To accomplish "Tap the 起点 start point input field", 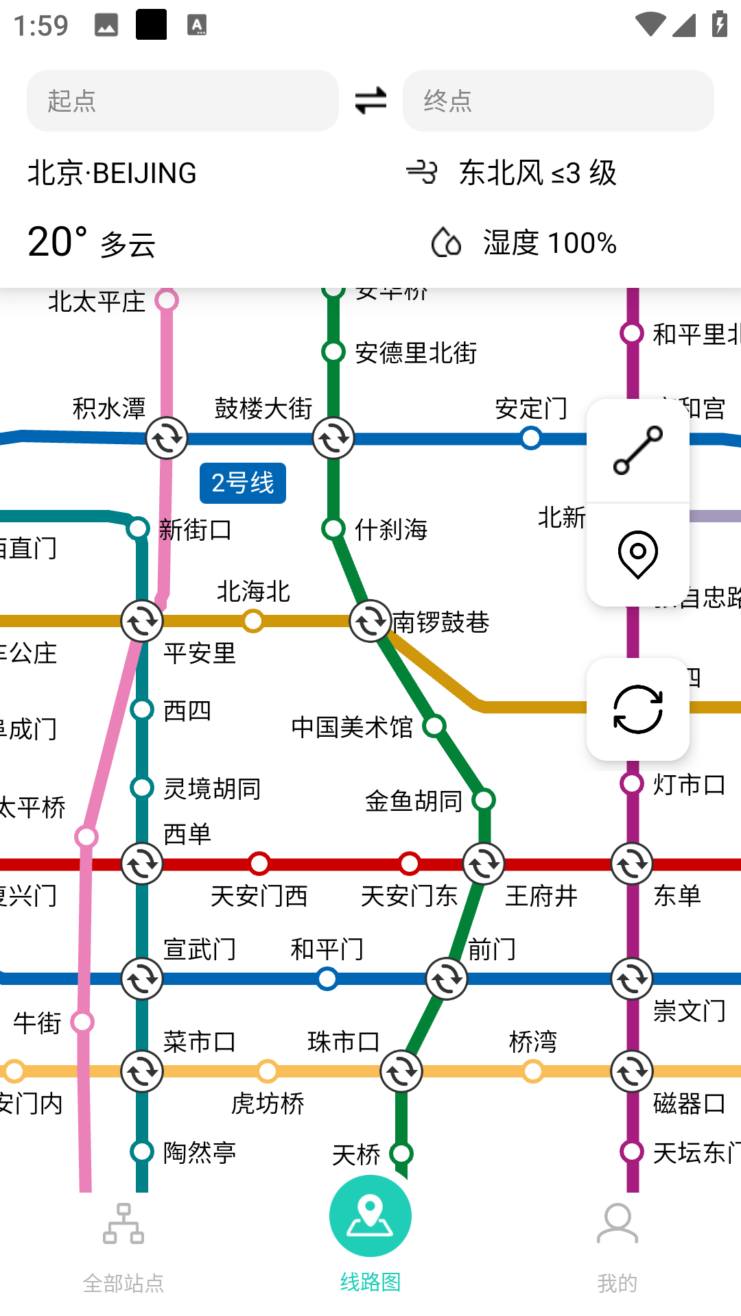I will pos(183,101).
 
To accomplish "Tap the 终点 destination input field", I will pos(558,101).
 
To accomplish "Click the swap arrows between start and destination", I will pos(370,101).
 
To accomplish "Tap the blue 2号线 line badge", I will pos(243,483).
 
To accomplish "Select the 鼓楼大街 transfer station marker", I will pos(333,438).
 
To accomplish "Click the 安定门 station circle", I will pos(530,438).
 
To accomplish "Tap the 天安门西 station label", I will pos(259,896).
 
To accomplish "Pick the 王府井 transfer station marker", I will pos(484,864).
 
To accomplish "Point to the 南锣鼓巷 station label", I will pos(440,622).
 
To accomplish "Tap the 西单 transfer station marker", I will pos(142,864).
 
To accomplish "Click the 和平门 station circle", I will pos(327,979).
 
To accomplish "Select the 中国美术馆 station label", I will pos(352,727).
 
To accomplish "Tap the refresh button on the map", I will pos(637,709).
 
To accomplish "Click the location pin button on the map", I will pos(637,555).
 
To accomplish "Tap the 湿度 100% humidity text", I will pos(550,243).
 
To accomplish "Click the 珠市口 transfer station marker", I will pos(401,1071).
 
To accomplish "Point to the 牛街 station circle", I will pos(82,1022).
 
